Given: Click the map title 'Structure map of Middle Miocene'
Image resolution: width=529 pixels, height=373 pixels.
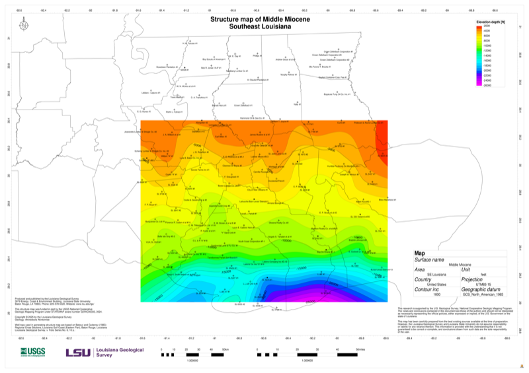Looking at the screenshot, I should point(264,20).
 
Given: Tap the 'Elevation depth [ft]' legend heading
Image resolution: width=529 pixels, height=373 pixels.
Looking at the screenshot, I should point(491,22).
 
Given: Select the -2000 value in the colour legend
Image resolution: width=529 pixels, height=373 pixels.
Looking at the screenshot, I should point(487,26).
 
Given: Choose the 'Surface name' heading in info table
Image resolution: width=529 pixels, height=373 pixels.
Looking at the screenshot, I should point(431,260).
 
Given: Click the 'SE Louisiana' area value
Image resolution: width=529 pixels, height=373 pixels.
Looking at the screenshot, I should point(437,274).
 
